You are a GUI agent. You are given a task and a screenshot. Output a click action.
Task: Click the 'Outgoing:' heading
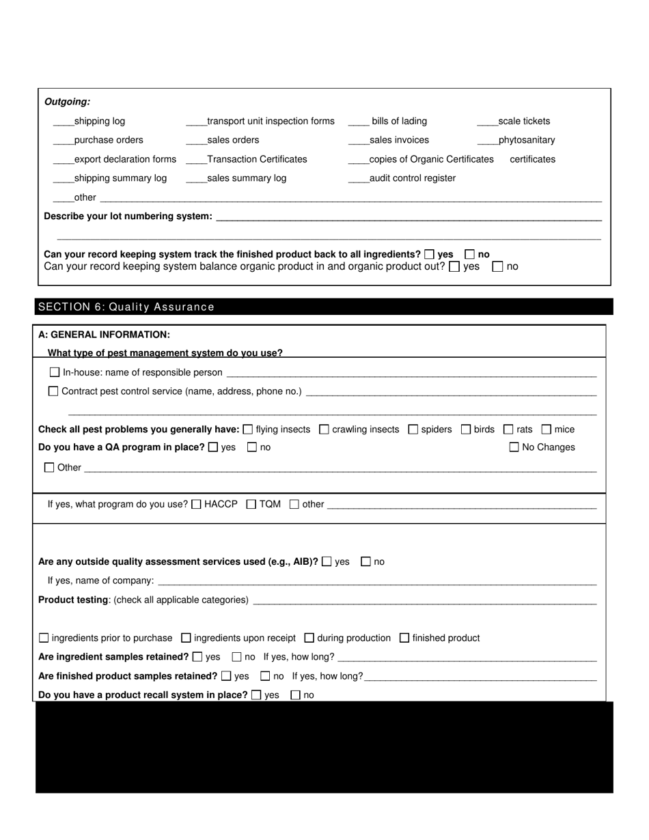point(67,102)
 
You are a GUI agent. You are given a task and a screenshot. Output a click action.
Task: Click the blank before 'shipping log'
point(63,122)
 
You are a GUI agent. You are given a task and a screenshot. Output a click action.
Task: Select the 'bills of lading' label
point(399,122)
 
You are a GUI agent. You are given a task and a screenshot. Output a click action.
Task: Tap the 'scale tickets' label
point(524,122)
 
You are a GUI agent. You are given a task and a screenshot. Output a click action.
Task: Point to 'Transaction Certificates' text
point(257,159)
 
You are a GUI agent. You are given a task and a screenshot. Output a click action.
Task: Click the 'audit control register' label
point(412,178)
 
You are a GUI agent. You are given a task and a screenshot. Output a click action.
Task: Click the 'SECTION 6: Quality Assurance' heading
point(126,307)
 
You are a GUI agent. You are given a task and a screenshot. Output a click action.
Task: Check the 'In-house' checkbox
point(55,372)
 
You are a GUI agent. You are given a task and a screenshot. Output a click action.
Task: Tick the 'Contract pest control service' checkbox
point(53,391)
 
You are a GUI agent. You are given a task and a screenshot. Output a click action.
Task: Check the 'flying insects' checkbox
point(248,430)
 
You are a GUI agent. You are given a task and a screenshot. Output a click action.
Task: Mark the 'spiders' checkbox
point(413,430)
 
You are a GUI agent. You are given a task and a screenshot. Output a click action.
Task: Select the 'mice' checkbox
point(546,430)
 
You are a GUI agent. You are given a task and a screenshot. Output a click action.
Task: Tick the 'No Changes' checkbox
point(514,447)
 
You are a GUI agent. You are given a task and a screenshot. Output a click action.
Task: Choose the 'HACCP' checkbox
point(196,505)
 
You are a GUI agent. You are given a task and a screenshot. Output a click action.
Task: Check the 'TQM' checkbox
point(251,505)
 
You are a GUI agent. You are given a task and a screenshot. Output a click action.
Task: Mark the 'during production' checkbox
point(309,638)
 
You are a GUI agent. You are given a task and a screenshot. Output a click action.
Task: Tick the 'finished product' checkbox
point(404,638)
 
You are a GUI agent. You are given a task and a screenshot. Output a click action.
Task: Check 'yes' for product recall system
point(256,695)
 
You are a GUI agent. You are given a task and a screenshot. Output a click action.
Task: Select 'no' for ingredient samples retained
point(237,657)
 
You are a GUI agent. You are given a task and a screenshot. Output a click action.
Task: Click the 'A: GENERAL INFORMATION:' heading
point(104,335)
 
